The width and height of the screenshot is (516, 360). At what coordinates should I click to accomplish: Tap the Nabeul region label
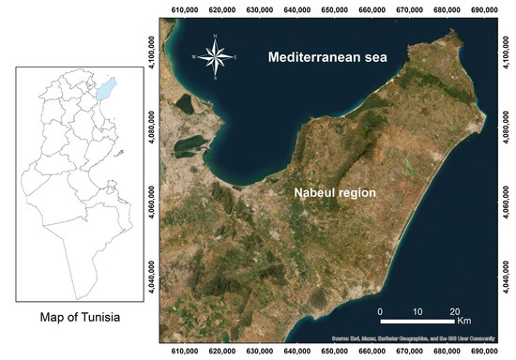point(332,192)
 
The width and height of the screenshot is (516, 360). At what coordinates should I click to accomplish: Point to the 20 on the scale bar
point(454,310)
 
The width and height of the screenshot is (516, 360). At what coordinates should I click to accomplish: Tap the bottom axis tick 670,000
point(406,352)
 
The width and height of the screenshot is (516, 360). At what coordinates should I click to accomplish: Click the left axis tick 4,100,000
point(150,44)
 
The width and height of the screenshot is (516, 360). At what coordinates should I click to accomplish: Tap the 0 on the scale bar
point(380,310)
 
